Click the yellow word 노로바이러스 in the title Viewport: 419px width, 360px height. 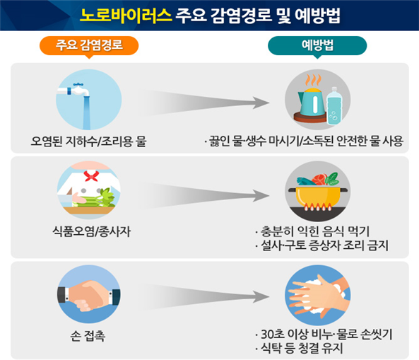coord(126,16)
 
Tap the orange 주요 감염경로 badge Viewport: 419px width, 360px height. coord(89,46)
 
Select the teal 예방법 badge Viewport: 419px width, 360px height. coord(317,46)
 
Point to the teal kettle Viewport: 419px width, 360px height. coord(312,102)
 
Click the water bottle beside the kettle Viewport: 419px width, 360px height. coord(334,106)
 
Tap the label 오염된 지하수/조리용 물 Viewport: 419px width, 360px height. coord(89,141)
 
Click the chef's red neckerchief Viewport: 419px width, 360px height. coord(91,175)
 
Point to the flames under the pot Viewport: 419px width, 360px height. coord(318,207)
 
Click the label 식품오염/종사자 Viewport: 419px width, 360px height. coord(92,231)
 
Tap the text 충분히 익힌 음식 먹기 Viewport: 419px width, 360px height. coord(315,231)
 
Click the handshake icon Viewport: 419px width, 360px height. coord(89,295)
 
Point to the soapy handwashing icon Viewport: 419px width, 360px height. coord(318,295)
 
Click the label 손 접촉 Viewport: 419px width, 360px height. coord(88,336)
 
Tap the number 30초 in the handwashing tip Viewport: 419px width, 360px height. coord(273,335)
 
